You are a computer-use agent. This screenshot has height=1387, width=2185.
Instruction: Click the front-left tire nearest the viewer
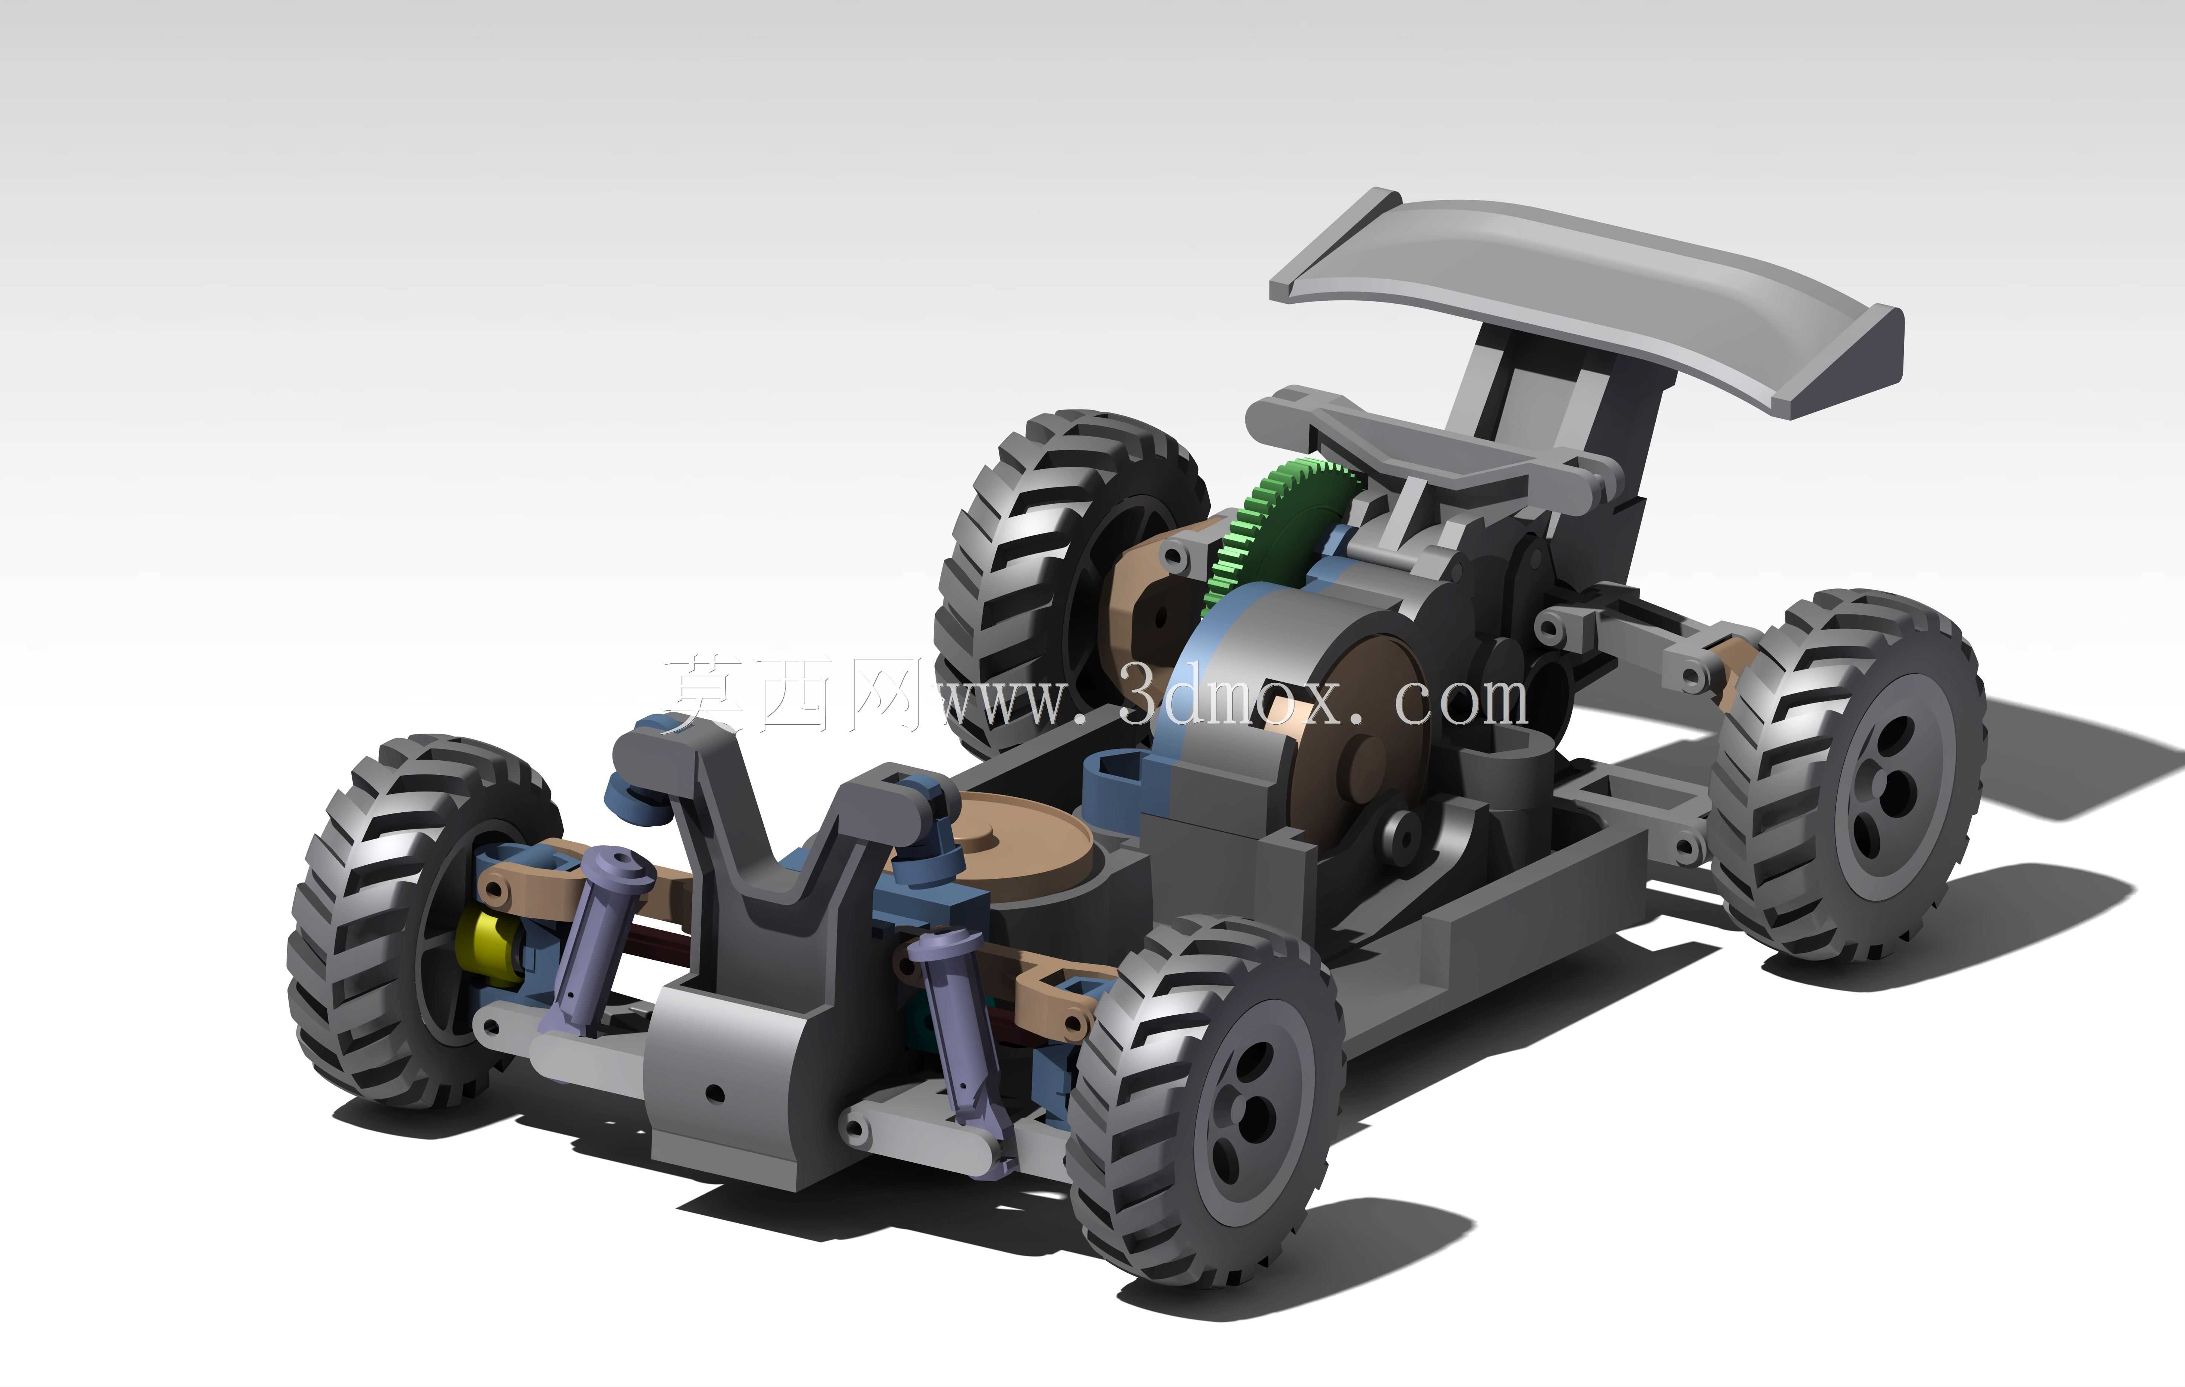[1207, 1102]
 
